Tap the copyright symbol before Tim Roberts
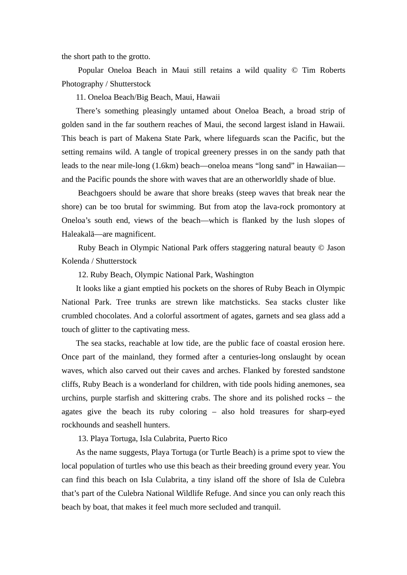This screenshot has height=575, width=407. [x=294, y=70]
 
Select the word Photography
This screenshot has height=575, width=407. [x=82, y=84]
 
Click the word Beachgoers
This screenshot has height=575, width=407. [x=97, y=193]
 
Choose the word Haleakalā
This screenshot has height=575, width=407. [x=77, y=234]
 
